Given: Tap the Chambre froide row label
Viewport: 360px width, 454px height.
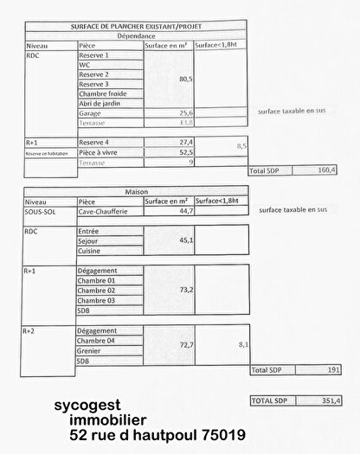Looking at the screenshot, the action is (x=103, y=93).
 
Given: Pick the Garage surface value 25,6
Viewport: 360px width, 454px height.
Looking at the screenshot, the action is (x=185, y=112).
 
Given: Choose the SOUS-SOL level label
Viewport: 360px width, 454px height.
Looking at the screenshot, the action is (x=41, y=210).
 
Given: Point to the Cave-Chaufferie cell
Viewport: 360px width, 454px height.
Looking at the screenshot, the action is (x=103, y=210).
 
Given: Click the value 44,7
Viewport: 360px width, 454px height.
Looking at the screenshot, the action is (x=184, y=210).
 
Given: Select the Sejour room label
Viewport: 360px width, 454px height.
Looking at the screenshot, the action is (x=89, y=241).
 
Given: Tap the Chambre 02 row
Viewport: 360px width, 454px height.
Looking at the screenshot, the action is (x=96, y=291).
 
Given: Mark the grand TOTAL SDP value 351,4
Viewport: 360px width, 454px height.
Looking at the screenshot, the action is (x=331, y=400).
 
